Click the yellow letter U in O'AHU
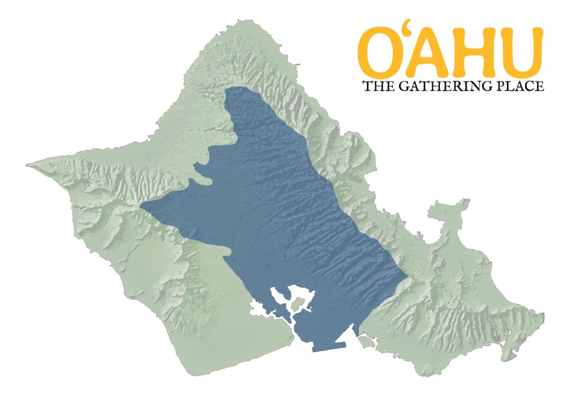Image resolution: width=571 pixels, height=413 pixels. (x=518, y=51)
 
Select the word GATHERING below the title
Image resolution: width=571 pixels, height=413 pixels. (x=442, y=87)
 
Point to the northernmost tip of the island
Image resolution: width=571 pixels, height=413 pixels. (x=241, y=20)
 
